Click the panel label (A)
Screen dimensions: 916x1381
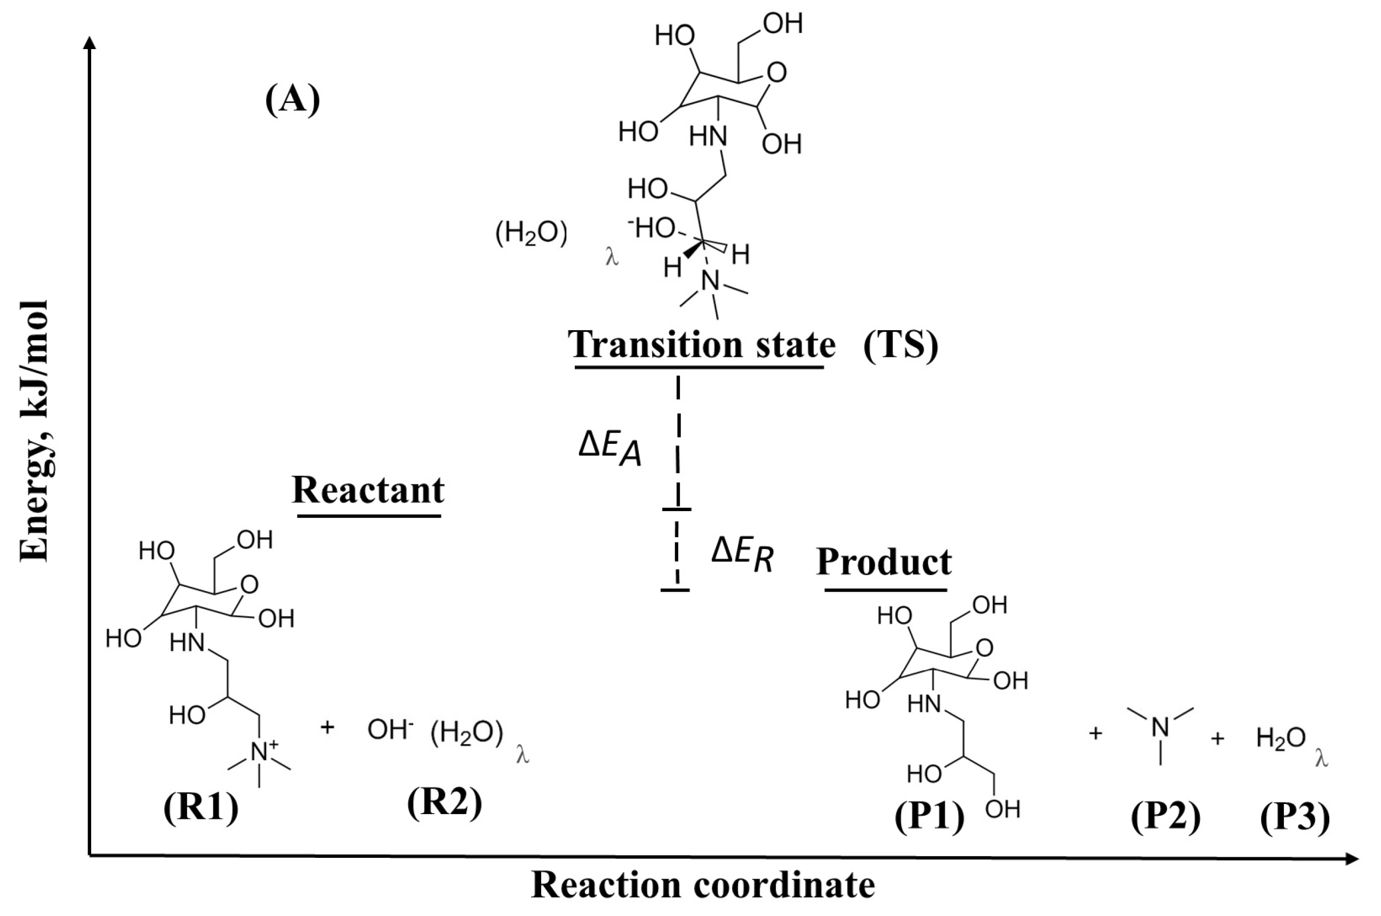click(292, 100)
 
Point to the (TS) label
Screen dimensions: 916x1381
click(900, 345)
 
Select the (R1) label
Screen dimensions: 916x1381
click(201, 809)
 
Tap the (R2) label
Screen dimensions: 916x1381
click(444, 803)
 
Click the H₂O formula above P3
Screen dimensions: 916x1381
click(1281, 738)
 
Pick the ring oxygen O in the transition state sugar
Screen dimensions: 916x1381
click(777, 73)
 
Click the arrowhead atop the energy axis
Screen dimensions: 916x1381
click(90, 42)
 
